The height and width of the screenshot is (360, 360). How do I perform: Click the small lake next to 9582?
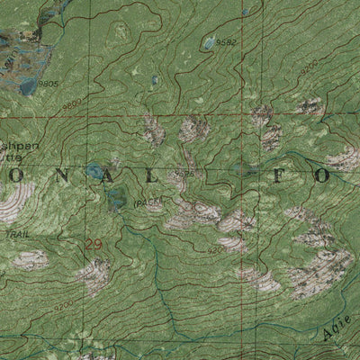(209, 42)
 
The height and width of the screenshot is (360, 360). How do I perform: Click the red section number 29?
(94, 244)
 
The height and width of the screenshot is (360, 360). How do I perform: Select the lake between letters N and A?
(94, 169)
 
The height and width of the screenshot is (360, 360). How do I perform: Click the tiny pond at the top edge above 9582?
(245, 13)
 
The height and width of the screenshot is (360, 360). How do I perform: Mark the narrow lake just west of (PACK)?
(114, 200)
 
